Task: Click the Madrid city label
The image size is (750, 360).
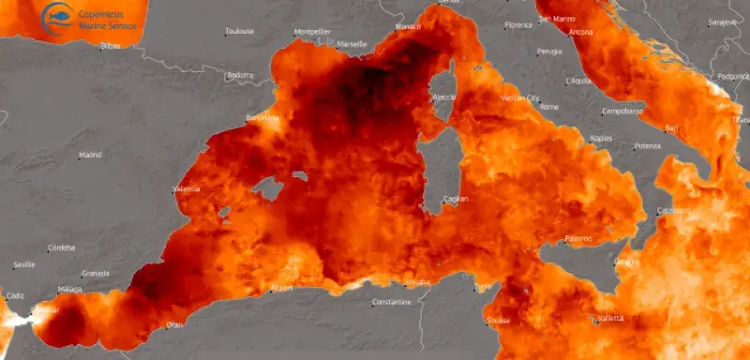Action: (x=90, y=155)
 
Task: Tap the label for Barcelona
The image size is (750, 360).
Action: (x=262, y=118)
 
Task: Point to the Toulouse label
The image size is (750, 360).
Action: (x=239, y=32)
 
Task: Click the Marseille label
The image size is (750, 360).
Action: (x=352, y=44)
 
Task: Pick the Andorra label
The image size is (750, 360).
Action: (x=241, y=75)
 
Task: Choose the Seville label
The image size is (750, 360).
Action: (x=24, y=264)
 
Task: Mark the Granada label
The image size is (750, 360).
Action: (x=96, y=273)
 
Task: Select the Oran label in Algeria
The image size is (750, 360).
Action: (x=174, y=324)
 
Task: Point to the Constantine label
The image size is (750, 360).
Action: (x=391, y=302)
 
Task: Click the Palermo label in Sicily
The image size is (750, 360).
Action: (x=577, y=238)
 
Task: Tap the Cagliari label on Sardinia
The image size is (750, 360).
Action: (x=456, y=199)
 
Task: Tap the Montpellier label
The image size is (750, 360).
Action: (x=312, y=31)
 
